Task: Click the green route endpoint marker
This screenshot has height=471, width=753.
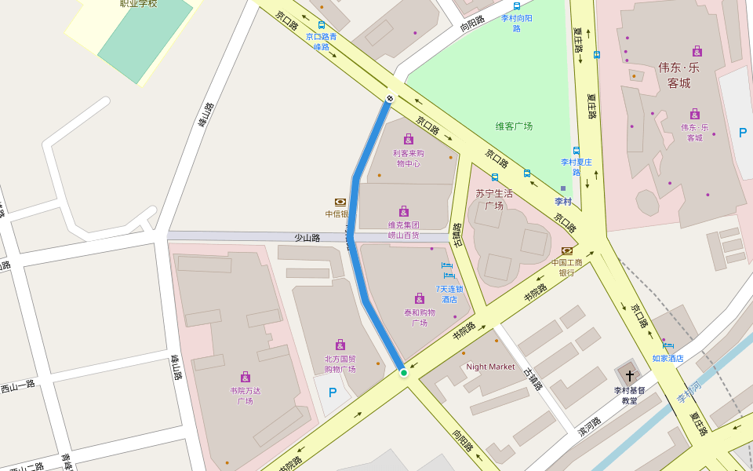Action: tap(404, 373)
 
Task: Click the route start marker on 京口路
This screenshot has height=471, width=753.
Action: tap(389, 97)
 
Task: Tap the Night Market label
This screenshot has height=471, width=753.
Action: tap(490, 367)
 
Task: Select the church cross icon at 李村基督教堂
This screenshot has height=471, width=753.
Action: tap(629, 376)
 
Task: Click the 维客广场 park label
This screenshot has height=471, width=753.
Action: tap(514, 126)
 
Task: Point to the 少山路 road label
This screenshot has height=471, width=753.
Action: tap(307, 237)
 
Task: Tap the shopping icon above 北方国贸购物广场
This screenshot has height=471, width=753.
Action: tap(340, 345)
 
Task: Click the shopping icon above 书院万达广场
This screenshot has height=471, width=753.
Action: tap(246, 377)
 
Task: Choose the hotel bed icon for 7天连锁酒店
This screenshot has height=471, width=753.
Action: tap(448, 272)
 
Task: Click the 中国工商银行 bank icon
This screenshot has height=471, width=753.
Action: tap(567, 251)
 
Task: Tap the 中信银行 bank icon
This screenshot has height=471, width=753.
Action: tap(340, 203)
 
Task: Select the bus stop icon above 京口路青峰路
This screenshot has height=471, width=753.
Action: tap(322, 25)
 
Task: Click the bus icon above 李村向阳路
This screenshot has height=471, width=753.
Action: tap(516, 6)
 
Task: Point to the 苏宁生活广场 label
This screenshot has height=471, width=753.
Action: tap(494, 199)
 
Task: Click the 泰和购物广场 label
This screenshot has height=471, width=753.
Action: tap(420, 317)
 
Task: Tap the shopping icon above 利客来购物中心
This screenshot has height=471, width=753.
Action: tap(408, 139)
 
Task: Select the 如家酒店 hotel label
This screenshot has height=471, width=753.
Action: tap(668, 358)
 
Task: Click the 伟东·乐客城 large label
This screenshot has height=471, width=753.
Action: tap(678, 75)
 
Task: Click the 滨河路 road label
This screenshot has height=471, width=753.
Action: tap(588, 426)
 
